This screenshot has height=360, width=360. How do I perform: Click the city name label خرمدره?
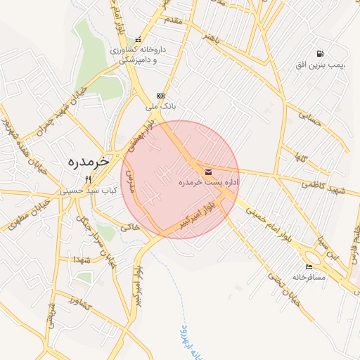[x=89, y=161]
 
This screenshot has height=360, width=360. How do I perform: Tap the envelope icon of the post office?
[x=207, y=172]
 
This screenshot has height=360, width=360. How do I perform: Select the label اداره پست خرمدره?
[x=208, y=183]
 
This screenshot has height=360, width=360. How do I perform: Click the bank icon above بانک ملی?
[x=161, y=96]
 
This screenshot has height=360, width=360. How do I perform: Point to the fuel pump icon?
[x=320, y=53]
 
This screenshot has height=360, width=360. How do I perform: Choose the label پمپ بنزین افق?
[x=321, y=65]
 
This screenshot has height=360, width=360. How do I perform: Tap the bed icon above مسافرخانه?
[x=309, y=266]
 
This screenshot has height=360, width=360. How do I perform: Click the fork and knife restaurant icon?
[x=88, y=179]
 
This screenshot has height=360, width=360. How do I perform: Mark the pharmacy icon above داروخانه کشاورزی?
[x=138, y=39]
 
